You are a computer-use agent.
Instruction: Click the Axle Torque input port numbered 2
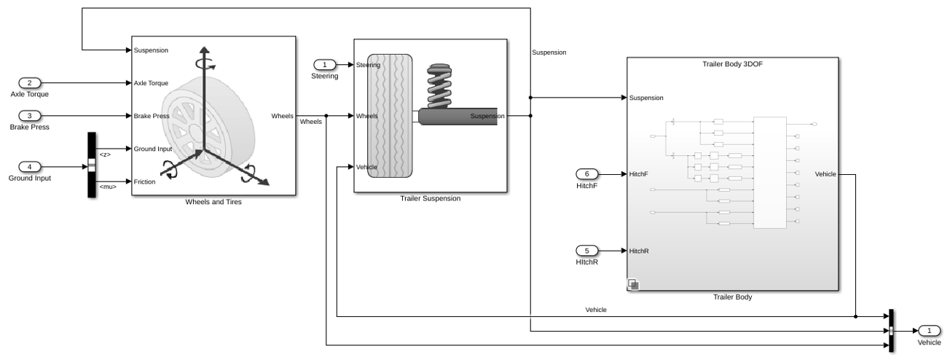point(30,83)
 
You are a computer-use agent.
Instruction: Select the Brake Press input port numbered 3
point(30,116)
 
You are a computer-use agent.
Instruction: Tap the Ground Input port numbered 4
point(30,167)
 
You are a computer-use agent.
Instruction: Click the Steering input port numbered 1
point(325,65)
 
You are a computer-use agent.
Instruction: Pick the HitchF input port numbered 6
point(587,174)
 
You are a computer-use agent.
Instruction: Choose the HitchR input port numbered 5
point(587,251)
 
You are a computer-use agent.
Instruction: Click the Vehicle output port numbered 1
point(929,331)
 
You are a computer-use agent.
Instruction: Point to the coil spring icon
point(439,86)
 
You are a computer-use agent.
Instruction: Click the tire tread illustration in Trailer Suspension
point(390,116)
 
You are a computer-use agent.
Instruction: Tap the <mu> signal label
point(108,187)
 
